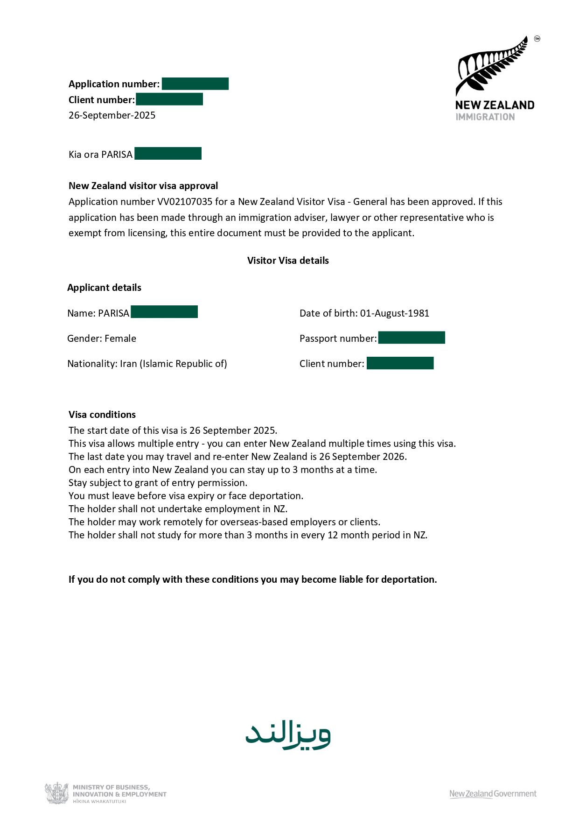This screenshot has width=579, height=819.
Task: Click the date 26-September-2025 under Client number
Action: tap(112, 115)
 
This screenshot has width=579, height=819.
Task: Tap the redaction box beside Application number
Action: tap(195, 84)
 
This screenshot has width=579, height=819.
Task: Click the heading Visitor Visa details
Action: tap(288, 261)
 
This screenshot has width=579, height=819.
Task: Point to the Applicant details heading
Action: tap(104, 288)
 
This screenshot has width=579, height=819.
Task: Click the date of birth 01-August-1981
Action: tap(394, 313)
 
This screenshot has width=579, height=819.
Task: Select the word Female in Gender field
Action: tap(120, 339)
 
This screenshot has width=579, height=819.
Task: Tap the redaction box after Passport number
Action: tap(412, 338)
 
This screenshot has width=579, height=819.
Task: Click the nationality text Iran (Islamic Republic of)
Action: tap(173, 364)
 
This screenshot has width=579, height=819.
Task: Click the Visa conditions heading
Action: tap(102, 415)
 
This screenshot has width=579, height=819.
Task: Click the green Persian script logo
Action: tap(288, 735)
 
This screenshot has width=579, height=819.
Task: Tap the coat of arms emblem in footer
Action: tap(57, 793)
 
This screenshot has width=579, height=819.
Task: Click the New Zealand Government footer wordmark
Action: tap(493, 794)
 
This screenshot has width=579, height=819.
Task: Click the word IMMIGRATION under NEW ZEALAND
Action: tap(485, 117)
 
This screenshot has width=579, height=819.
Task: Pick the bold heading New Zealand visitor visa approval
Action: tap(143, 186)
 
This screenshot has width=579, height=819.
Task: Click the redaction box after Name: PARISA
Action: tap(164, 312)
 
